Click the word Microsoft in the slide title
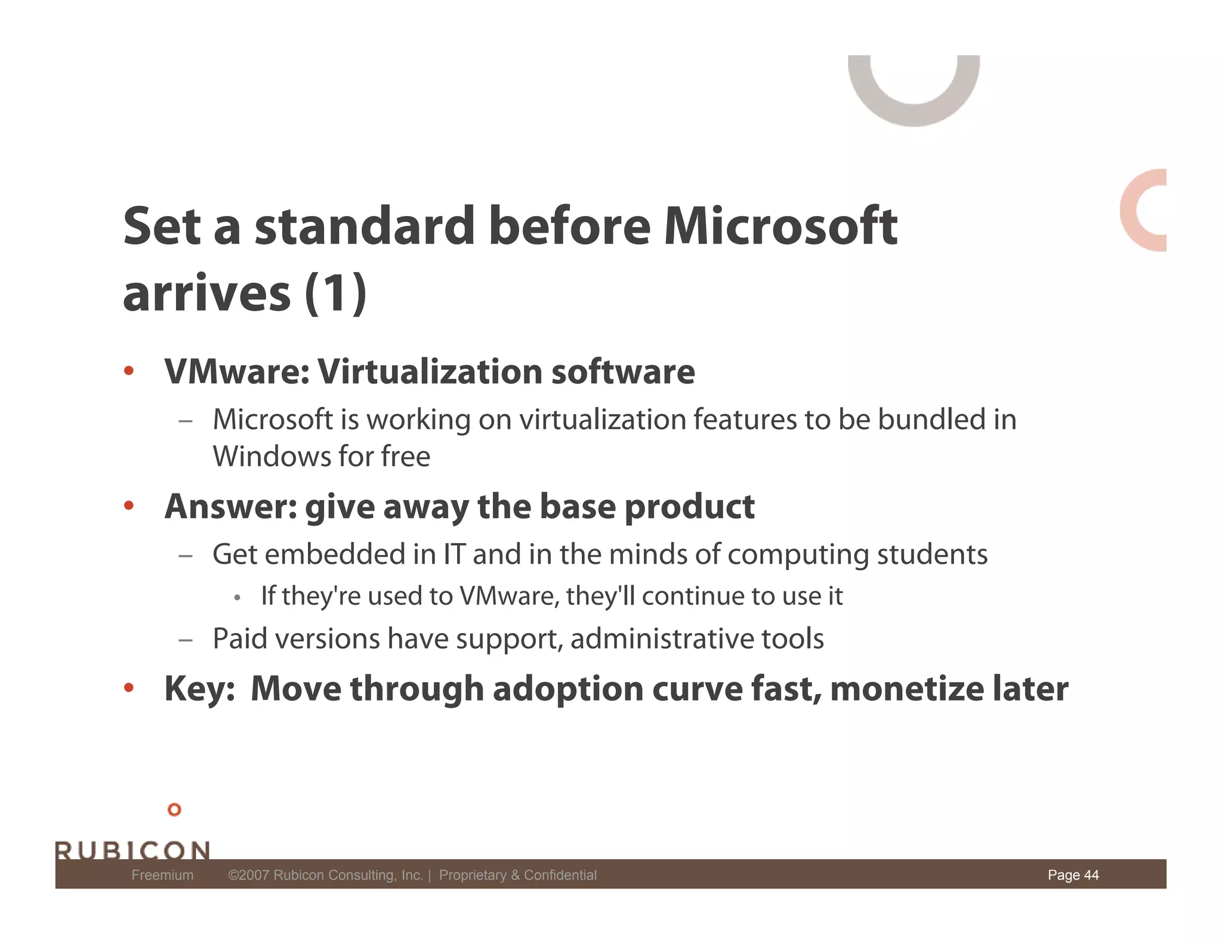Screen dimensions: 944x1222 point(780,226)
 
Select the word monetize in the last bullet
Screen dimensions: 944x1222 point(907,689)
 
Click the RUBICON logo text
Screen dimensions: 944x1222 point(132,850)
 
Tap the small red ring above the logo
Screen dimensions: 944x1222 point(174,810)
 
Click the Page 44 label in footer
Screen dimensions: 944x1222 point(1073,875)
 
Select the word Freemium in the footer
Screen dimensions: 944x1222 point(162,875)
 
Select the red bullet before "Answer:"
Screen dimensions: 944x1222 point(129,507)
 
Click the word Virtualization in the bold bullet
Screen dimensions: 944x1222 point(430,372)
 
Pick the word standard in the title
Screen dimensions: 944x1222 point(365,226)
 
